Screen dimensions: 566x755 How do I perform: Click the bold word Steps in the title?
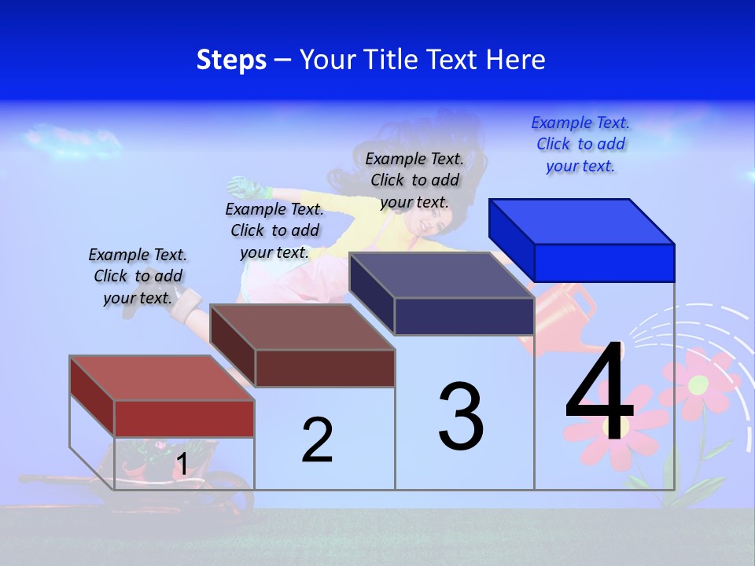(x=231, y=60)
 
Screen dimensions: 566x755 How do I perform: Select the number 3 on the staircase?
(x=461, y=417)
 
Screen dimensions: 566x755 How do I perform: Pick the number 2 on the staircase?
(x=317, y=440)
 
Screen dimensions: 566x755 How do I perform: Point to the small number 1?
(x=182, y=464)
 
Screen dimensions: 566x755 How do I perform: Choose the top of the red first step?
(x=162, y=377)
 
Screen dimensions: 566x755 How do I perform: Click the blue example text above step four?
(x=580, y=145)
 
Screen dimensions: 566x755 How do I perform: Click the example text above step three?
(x=414, y=180)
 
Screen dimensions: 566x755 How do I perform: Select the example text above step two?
(x=274, y=230)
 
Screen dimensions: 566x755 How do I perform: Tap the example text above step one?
(x=138, y=276)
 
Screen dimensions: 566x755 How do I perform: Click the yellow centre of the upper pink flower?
(x=698, y=384)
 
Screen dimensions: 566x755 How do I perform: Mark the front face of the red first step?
(x=184, y=418)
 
